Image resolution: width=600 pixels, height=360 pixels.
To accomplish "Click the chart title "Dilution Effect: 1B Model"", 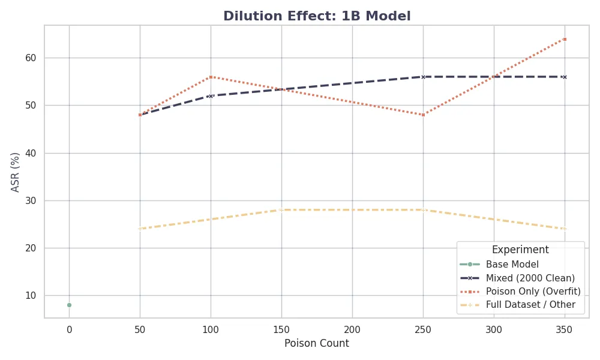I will [x=317, y=17].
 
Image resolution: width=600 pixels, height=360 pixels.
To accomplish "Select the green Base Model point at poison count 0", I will [x=69, y=305].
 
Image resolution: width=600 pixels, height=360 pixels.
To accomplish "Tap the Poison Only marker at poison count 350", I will [x=565, y=39].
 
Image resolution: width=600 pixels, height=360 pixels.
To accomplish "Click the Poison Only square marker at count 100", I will [x=211, y=77].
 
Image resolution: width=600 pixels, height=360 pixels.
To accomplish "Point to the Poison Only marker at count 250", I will [x=423, y=115].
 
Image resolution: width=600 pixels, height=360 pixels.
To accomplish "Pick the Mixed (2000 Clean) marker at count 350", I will [x=565, y=77].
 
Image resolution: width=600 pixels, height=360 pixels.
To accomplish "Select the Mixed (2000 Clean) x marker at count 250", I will [x=423, y=77].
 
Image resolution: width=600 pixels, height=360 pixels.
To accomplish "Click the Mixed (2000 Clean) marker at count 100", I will [x=211, y=96].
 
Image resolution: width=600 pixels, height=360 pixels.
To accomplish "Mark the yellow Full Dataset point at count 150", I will [x=281, y=209].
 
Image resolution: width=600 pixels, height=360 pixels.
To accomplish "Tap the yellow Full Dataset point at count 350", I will [x=565, y=229].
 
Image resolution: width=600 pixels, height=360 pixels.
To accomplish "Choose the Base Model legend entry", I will [x=512, y=264].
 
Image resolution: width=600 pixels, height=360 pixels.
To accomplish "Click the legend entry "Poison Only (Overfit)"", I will [x=533, y=291].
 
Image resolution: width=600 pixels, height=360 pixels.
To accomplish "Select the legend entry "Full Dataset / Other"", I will [x=530, y=305].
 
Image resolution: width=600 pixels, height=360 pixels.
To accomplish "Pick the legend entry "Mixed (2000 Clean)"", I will [x=530, y=278].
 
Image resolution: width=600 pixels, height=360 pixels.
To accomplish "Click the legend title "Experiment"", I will [x=520, y=250].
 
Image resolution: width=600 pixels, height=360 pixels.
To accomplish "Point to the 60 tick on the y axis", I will [x=29, y=58].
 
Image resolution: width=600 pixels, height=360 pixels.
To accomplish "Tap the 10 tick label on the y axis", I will [x=29, y=295].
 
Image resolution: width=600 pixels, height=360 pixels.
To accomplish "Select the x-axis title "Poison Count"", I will [x=316, y=344].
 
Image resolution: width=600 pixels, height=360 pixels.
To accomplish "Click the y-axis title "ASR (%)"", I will [x=16, y=172].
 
